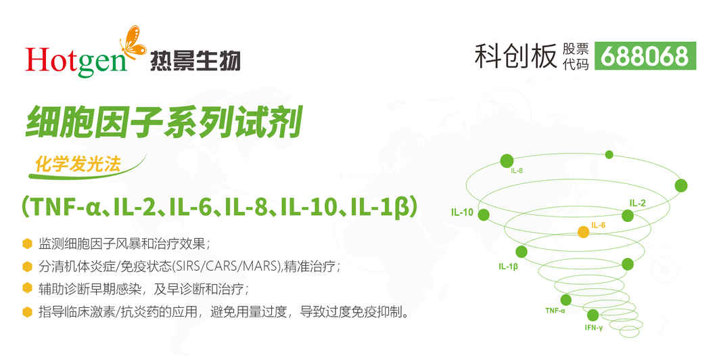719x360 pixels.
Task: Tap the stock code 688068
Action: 645,56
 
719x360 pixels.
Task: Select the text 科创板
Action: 515,56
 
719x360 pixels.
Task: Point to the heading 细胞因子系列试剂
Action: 164,122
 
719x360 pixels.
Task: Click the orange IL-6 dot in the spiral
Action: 583,231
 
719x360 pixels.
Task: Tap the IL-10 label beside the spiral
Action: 462,212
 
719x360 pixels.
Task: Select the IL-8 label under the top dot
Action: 517,171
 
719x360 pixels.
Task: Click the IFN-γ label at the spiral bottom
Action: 594,328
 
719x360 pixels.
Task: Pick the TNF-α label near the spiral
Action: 555,311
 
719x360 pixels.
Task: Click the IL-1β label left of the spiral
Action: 508,267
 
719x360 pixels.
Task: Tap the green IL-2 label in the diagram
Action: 637,203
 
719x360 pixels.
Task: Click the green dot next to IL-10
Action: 484,215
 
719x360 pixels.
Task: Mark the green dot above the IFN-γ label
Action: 593,315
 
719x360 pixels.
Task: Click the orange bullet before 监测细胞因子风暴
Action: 28,244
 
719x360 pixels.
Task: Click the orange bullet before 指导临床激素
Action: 28,313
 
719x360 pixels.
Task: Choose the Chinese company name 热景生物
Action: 195,60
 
